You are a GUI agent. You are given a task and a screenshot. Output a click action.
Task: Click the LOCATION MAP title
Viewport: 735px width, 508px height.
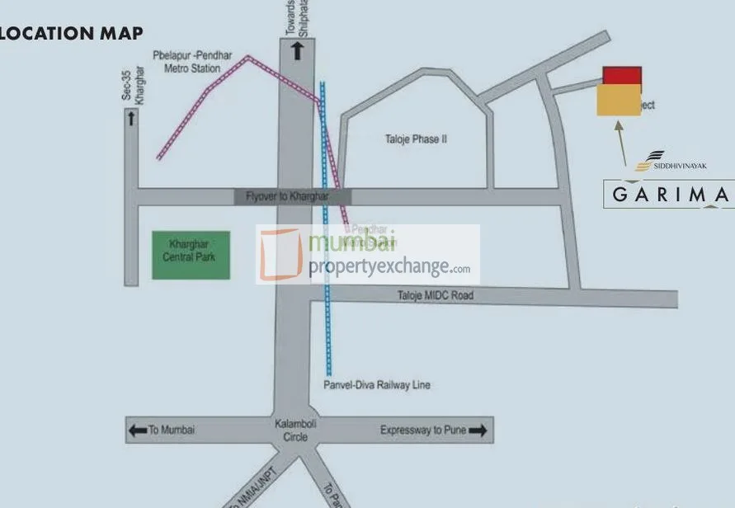click(71, 33)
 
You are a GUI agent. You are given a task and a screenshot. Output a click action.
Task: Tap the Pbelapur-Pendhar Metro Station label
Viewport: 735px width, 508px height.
click(192, 62)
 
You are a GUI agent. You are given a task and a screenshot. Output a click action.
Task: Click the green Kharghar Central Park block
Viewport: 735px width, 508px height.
click(191, 256)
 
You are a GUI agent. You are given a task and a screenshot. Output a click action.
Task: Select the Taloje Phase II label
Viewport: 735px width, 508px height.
click(416, 139)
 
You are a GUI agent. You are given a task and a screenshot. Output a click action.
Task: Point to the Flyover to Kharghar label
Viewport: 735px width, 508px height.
click(287, 196)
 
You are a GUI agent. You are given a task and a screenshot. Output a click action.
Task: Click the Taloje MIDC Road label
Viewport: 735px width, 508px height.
click(436, 295)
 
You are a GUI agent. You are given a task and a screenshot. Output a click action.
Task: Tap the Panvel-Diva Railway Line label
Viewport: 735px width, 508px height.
click(377, 385)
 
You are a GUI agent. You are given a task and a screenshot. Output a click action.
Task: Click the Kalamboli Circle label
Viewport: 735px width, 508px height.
click(290, 430)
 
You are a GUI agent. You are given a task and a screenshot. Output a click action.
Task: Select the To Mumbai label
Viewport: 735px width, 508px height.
click(172, 430)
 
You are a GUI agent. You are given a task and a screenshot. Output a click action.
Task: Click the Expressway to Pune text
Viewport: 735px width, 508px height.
click(423, 430)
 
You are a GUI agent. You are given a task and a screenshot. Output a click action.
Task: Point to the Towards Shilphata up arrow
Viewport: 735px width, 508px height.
click(297, 51)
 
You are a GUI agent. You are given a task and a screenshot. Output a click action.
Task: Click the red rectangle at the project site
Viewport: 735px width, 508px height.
click(622, 76)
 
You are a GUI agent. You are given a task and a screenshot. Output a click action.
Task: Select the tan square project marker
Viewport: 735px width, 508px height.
click(618, 102)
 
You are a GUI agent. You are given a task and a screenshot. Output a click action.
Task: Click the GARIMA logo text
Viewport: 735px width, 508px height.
click(669, 195)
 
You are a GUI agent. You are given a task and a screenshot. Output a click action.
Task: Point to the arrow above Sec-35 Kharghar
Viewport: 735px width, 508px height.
click(130, 119)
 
